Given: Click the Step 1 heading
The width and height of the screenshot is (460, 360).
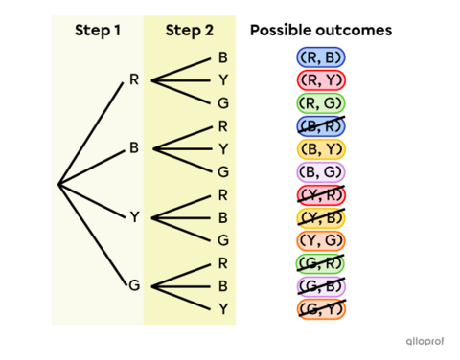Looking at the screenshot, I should click(x=98, y=31).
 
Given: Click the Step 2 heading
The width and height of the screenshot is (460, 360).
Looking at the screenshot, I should click(x=190, y=31).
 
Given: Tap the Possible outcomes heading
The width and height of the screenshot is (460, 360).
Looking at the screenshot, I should click(x=321, y=31).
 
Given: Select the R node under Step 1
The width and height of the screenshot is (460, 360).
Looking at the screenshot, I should click(x=134, y=79).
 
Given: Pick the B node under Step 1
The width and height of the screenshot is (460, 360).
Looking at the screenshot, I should click(x=134, y=148).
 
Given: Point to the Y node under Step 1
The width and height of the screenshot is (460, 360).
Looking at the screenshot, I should click(x=134, y=217).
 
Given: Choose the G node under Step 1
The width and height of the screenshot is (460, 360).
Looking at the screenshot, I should click(x=134, y=285).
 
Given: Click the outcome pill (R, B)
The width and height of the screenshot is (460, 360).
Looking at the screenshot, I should click(x=321, y=57).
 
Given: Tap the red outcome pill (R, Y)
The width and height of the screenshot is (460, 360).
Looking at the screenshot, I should click(x=321, y=80).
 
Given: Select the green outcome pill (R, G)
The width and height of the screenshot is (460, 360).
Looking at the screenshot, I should click(x=321, y=103).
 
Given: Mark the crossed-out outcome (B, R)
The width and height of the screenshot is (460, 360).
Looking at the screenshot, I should click(x=321, y=125).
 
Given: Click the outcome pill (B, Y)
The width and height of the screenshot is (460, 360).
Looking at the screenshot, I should click(x=321, y=148).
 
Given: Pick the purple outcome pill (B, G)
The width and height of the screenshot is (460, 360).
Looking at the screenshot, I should click(x=321, y=171).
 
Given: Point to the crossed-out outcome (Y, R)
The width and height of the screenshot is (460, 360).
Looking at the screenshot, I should click(x=321, y=194).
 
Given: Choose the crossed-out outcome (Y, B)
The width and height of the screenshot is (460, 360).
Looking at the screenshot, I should click(x=321, y=217).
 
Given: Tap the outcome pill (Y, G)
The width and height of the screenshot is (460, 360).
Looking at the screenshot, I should click(x=321, y=240).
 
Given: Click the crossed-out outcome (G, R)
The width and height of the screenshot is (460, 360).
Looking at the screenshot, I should click(x=321, y=263).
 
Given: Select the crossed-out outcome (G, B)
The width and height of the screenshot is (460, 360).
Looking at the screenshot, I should click(x=321, y=285).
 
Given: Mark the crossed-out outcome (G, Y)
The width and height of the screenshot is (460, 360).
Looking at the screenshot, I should click(x=321, y=308).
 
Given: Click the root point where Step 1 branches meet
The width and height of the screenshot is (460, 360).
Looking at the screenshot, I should click(x=59, y=183).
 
